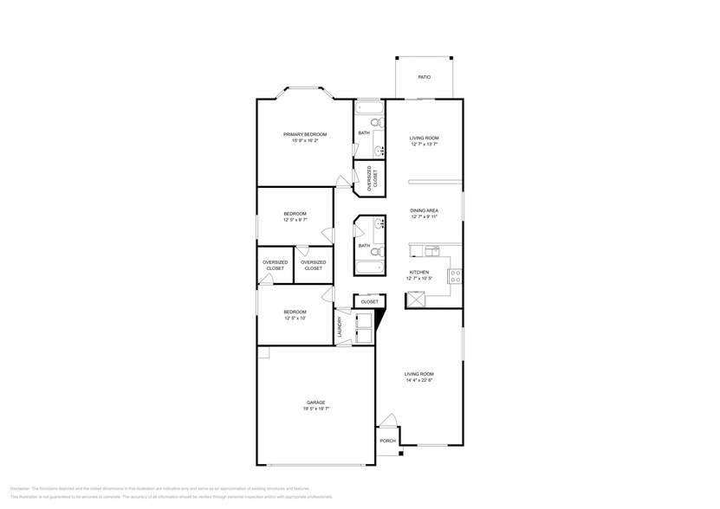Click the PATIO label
pyautogui.click(x=424, y=78)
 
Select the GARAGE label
pyautogui.click(x=315, y=403)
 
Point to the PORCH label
pyautogui.click(x=387, y=441)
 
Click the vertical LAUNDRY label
pyautogui.click(x=340, y=326)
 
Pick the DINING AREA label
pyautogui.click(x=424, y=210)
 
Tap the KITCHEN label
pyautogui.click(x=418, y=272)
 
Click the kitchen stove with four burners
pyautogui.click(x=453, y=277)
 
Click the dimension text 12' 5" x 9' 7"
pyautogui.click(x=295, y=221)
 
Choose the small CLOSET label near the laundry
pyautogui.click(x=369, y=302)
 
